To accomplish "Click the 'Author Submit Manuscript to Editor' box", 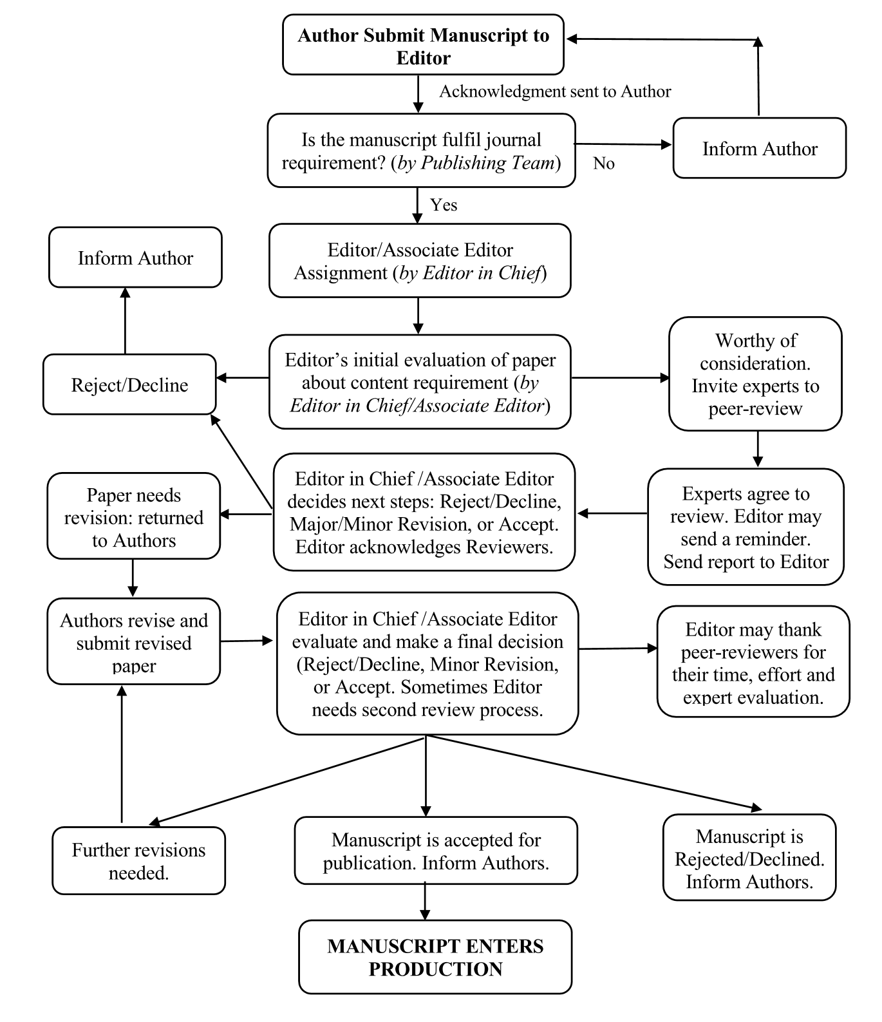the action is tap(423, 45).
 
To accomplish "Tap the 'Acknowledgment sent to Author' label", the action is tap(555, 91).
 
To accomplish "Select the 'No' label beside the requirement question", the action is tap(604, 164).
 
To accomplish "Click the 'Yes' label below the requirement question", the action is tap(444, 205).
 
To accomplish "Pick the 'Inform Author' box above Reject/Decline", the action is tap(135, 257).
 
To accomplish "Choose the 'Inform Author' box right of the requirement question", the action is tap(760, 148).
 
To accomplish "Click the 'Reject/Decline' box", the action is tap(129, 384).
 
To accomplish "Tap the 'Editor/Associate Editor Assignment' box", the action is tap(420, 261).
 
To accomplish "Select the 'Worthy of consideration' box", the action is tap(755, 374).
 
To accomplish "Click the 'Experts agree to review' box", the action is tap(746, 527).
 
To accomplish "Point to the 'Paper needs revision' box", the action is tap(133, 516).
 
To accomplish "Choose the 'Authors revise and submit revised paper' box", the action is tap(133, 641).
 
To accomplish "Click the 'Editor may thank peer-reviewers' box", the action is tap(753, 661).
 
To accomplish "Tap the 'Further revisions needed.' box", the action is tap(138, 861).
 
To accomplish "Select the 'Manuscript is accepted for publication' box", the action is tap(436, 851).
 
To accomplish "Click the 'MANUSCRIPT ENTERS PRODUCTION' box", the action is tap(435, 957).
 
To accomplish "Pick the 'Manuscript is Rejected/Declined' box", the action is tap(749, 858).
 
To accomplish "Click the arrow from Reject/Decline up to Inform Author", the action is tap(125, 321).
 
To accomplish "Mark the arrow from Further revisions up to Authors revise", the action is tap(121, 754).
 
